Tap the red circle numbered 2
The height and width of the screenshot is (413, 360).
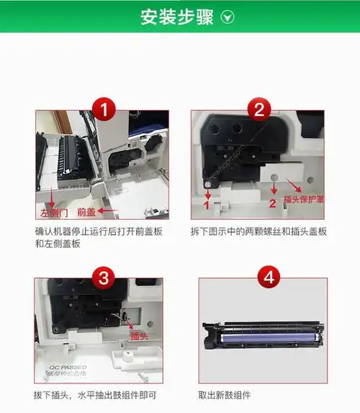point(258,110)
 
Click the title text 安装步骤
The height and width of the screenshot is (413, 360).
point(168,17)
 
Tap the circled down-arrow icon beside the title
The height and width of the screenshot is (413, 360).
point(228,17)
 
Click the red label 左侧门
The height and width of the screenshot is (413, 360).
point(53,212)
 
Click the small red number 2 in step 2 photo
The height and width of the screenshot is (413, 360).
point(272,203)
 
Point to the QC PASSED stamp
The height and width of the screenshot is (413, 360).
point(63,370)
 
